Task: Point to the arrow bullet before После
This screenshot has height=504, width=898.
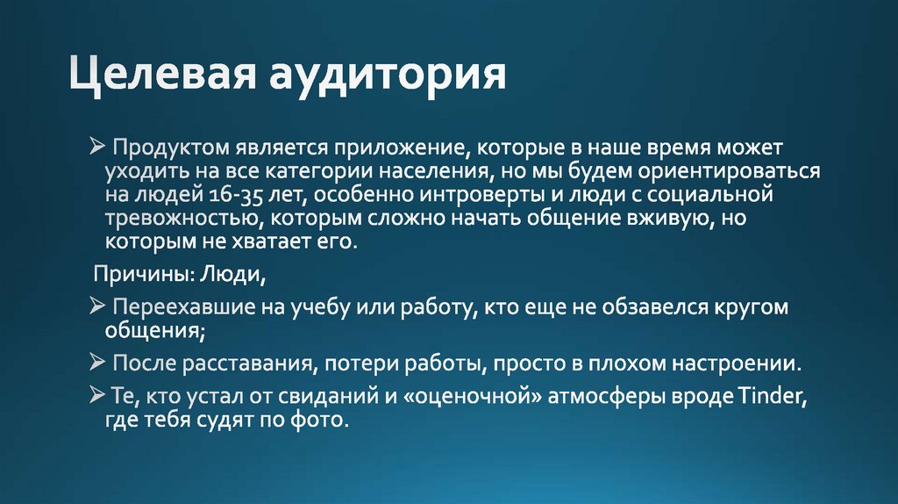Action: click(96, 363)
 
